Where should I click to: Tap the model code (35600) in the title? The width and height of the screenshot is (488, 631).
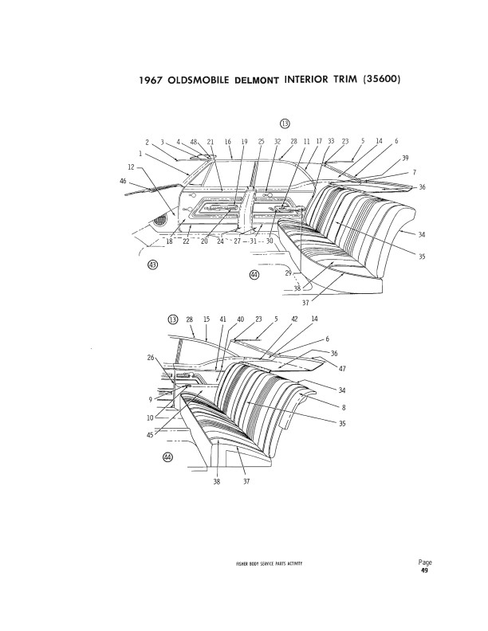coord(382,79)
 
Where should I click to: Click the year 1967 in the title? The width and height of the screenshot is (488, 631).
coord(150,80)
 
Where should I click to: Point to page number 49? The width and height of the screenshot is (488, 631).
coord(425,570)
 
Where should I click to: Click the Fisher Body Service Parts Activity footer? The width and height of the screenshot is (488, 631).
coord(269,563)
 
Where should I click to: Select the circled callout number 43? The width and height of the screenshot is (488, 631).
coord(153,265)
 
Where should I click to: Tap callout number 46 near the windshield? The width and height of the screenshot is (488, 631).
coord(124,181)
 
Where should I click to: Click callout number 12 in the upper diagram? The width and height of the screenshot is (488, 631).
coord(132,167)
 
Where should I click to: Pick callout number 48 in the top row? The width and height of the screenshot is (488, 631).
coord(194,142)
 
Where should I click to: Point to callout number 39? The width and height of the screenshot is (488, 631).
coord(405,158)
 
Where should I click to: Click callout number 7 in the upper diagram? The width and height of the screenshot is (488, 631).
coord(415,172)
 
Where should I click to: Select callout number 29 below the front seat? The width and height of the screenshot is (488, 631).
coord(289,273)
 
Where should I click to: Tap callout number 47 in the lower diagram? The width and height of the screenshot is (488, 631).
coord(342,368)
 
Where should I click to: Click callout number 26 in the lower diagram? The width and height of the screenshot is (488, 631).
coord(151,357)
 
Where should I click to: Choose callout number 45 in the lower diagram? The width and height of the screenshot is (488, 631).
coord(150,435)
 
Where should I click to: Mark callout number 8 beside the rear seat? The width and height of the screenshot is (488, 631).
coord(344,407)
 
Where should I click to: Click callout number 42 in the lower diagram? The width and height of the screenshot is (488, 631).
coord(295,319)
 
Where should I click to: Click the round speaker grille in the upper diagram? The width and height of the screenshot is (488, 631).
coord(160,221)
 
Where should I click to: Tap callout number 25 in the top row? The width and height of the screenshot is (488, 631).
coord(261,142)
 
